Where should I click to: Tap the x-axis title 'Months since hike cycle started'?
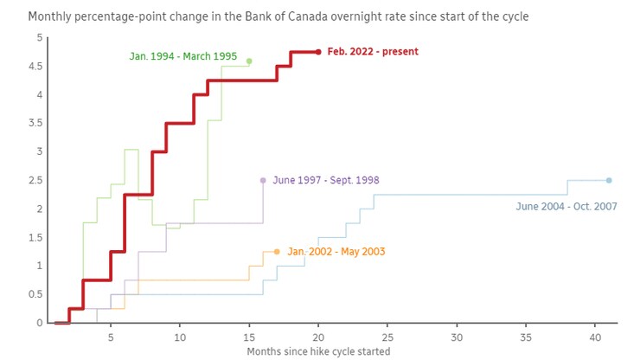pyautogui.click(x=318, y=351)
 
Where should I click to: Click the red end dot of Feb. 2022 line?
pyautogui.click(x=318, y=52)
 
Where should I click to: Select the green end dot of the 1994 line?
pyautogui.click(x=249, y=61)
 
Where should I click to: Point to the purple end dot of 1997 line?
pyautogui.click(x=263, y=180)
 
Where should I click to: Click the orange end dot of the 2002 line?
pyautogui.click(x=277, y=252)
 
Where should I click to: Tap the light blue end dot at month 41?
pyautogui.click(x=609, y=180)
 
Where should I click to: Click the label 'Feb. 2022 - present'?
pyautogui.click(x=373, y=52)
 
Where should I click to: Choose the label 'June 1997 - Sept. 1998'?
pyautogui.click(x=326, y=180)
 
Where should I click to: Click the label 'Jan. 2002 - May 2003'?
pyautogui.click(x=336, y=252)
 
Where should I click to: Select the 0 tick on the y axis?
pyautogui.click(x=38, y=323)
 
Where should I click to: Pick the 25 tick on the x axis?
pyautogui.click(x=387, y=336)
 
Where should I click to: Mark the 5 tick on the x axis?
pyautogui.click(x=111, y=336)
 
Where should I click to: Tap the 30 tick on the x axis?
pyautogui.click(x=457, y=336)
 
